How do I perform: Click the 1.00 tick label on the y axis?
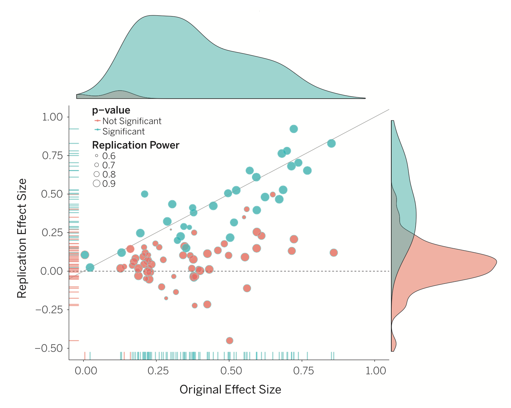(52, 117)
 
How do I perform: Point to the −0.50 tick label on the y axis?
(49, 348)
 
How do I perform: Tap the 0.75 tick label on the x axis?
(303, 371)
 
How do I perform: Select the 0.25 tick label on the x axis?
(158, 371)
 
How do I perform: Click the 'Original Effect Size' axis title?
(230, 390)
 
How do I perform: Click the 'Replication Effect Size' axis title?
(22, 238)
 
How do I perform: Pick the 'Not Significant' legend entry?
(132, 121)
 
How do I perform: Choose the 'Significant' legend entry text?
(123, 132)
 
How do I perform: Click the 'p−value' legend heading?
(111, 110)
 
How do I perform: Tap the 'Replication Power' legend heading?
(135, 145)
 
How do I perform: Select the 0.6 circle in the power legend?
(97, 156)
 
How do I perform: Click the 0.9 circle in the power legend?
(97, 183)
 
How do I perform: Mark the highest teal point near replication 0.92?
(294, 129)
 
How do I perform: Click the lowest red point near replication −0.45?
(230, 340)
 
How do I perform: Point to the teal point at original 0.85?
(331, 143)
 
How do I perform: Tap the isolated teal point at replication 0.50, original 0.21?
(145, 194)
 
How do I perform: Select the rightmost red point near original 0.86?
(334, 253)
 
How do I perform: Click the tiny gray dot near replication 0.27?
(171, 230)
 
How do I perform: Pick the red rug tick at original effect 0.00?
(85, 356)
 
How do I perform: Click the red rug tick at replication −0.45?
(74, 340)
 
